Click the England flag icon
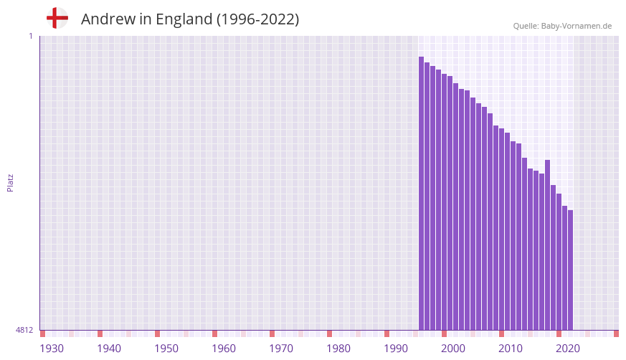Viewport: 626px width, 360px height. pos(57,18)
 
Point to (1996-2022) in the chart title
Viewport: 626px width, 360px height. pos(257,19)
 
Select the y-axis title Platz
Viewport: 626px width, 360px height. pos(10,183)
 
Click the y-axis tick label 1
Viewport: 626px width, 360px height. pos(30,36)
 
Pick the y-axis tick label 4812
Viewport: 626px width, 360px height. pos(24,331)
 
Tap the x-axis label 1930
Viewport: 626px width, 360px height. pos(52,349)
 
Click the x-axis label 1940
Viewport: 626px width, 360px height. pos(109,349)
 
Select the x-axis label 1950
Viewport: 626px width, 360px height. pos(166,349)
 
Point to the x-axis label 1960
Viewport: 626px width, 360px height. pos(224,349)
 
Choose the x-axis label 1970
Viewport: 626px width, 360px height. pos(281,349)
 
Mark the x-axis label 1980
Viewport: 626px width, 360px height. pos(338,349)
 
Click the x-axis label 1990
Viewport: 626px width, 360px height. pos(396,349)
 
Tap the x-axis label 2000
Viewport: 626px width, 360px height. pos(453,349)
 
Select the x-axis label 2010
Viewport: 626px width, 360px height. pos(511,349)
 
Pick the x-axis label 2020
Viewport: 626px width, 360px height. pos(568,349)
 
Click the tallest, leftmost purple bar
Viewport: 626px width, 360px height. pos(422,194)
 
